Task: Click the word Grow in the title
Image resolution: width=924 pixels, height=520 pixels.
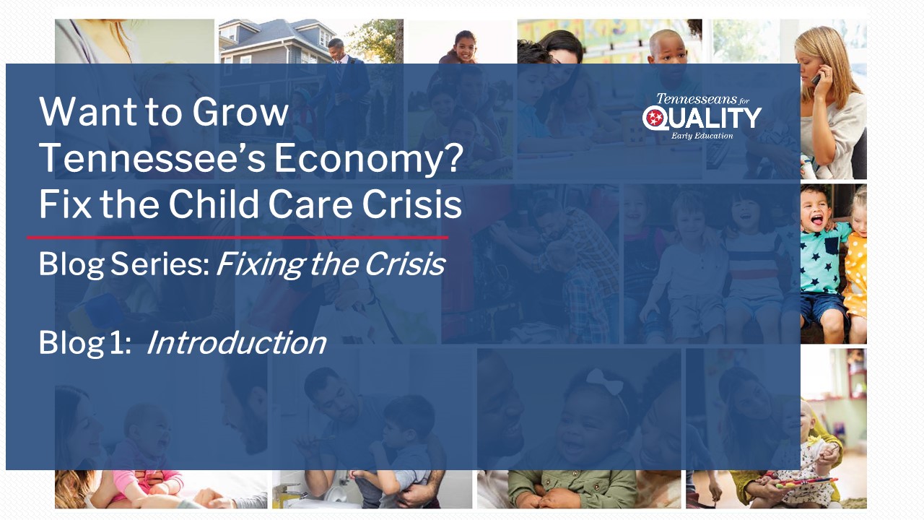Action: (x=240, y=111)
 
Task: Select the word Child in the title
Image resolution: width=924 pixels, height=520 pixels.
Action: (x=214, y=204)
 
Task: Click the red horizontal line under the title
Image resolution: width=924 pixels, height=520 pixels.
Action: (x=237, y=238)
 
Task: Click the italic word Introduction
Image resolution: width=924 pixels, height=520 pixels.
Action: (x=236, y=342)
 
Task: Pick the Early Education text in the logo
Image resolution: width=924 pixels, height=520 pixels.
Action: (x=702, y=136)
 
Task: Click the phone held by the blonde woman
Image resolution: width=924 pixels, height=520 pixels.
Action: (x=816, y=77)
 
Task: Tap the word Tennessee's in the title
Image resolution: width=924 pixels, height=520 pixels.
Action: (x=152, y=158)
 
